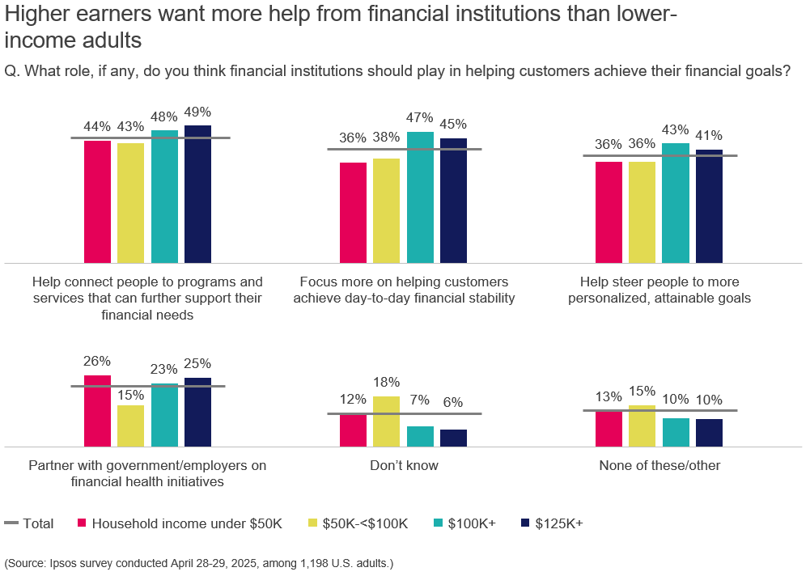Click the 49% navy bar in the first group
point(197,194)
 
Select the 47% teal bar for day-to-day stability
point(420,197)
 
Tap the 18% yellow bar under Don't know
point(387,421)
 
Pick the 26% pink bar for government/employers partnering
point(97,411)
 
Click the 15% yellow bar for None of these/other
point(642,426)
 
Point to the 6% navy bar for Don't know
point(453,438)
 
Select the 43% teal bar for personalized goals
point(676,203)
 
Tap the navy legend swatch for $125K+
point(524,523)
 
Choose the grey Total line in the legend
point(11,523)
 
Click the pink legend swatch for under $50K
point(82,523)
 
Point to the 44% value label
point(97,126)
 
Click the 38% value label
point(387,138)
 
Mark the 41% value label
point(709,135)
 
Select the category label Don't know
point(404,465)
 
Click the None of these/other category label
point(659,465)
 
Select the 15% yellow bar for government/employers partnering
point(131,426)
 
